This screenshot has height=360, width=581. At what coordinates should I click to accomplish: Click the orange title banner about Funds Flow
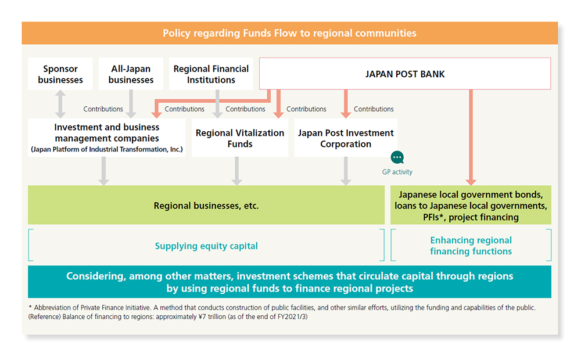coord(289,33)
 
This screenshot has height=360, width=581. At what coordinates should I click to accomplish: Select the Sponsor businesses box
coord(60,74)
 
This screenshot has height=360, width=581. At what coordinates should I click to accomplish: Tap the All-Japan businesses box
coord(131,74)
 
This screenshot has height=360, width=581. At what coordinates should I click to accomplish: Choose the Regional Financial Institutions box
coord(211,74)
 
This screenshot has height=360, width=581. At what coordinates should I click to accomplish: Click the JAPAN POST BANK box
coord(404,74)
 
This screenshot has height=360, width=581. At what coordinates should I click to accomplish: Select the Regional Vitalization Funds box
coord(240,138)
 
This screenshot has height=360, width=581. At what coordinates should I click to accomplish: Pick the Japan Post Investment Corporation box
coord(346,138)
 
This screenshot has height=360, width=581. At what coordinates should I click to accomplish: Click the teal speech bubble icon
coord(397,157)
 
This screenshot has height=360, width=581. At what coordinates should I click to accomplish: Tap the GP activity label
coord(397,172)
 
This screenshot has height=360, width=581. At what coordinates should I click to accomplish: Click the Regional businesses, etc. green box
coord(206,206)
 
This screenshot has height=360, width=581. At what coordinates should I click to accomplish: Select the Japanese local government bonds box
coord(471,206)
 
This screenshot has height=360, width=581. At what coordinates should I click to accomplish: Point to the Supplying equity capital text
coord(206,246)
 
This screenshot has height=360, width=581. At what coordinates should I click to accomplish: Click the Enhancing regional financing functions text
coord(471,246)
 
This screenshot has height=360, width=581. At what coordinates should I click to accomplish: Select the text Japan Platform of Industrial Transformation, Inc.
coord(107,150)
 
